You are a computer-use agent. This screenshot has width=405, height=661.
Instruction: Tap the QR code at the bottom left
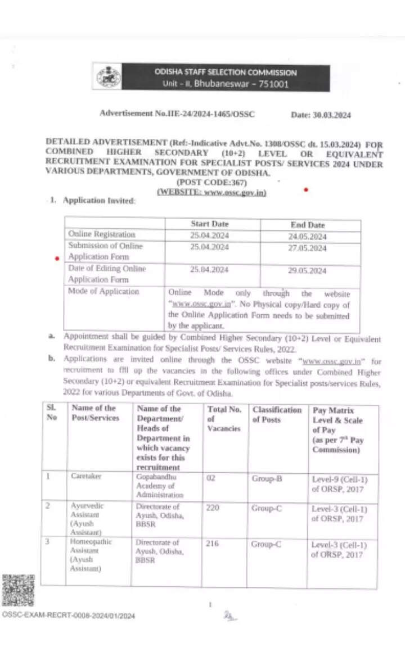coord(19,590)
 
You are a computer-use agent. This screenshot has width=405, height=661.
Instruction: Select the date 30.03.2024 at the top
coord(321,115)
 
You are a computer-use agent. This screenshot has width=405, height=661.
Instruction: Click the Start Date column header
coord(209,224)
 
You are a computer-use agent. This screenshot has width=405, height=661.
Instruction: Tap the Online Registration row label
coord(102,234)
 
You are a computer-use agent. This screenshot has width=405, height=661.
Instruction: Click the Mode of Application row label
coord(103,291)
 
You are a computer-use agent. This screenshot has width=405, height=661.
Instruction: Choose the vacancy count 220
coord(214,508)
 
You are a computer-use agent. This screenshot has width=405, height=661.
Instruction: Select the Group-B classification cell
coord(267,478)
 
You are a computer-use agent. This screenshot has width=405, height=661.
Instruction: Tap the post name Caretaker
coord(85,476)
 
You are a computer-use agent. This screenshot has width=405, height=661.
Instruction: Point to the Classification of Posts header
coord(277,414)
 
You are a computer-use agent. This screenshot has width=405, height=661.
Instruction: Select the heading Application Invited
coord(99,201)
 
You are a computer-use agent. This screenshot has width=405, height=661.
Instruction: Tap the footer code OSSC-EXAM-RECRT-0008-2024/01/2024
coord(69,615)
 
